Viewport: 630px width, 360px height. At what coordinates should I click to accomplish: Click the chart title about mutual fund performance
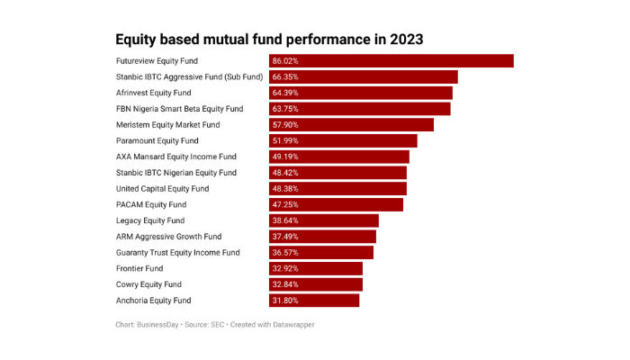coord(269,40)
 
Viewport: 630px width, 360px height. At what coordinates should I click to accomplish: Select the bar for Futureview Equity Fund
coord(391,61)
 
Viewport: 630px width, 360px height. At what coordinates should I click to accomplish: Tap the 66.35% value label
coord(285,77)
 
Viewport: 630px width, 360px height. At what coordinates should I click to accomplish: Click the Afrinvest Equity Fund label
coord(154,93)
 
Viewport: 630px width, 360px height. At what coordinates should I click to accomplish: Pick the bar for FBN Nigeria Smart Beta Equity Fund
coord(360,109)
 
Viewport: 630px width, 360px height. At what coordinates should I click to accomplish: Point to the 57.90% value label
coord(285,125)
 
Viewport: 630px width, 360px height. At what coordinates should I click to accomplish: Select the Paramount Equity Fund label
coord(157,141)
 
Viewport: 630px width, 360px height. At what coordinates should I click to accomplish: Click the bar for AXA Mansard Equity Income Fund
coord(339,157)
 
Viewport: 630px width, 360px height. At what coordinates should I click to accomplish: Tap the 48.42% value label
coord(285,173)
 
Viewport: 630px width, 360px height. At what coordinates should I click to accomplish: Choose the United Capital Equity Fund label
coord(163,189)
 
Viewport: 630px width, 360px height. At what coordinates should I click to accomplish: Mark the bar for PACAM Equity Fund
coord(336,205)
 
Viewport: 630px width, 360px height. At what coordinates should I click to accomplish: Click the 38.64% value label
coord(285,220)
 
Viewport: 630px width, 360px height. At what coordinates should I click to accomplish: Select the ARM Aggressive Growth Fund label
coord(169,237)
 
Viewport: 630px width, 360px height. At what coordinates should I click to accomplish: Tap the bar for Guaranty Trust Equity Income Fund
coord(321,253)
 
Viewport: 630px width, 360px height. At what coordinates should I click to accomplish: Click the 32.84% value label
coord(285,284)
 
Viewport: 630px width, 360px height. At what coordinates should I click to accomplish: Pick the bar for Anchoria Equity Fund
coord(314,301)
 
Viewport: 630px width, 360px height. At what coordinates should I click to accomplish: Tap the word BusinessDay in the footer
coord(158,324)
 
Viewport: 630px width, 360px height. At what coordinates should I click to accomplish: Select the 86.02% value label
coord(285,61)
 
